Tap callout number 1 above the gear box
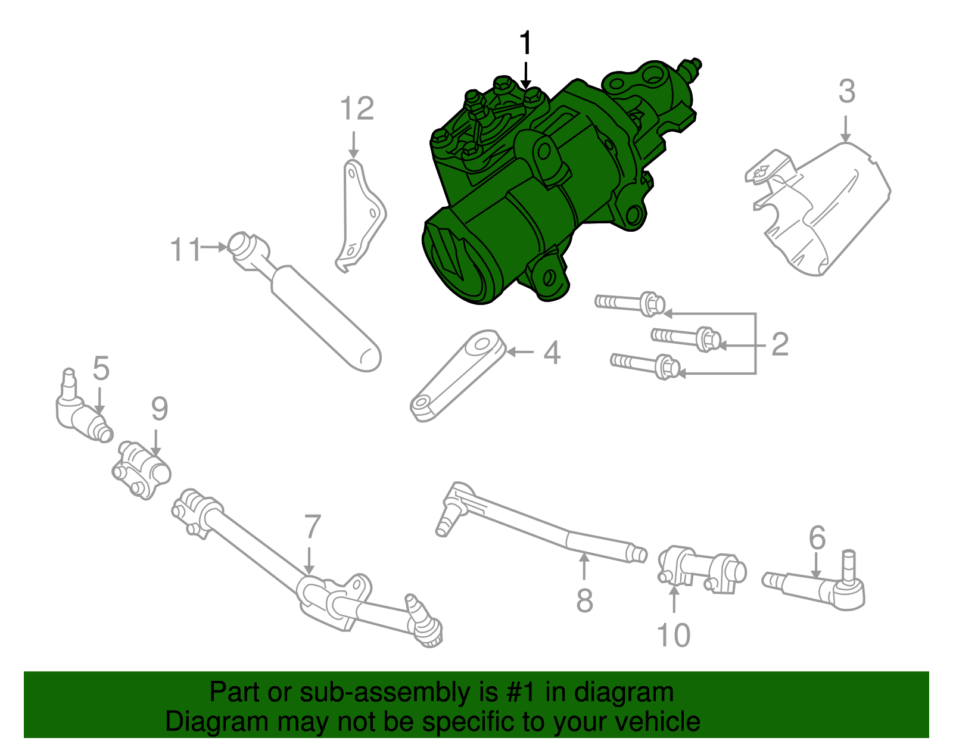point(525,44)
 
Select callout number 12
point(357,109)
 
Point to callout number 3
point(846,92)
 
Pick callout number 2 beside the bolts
point(780,344)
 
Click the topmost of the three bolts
point(631,303)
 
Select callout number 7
point(312,527)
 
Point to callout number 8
point(584,600)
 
